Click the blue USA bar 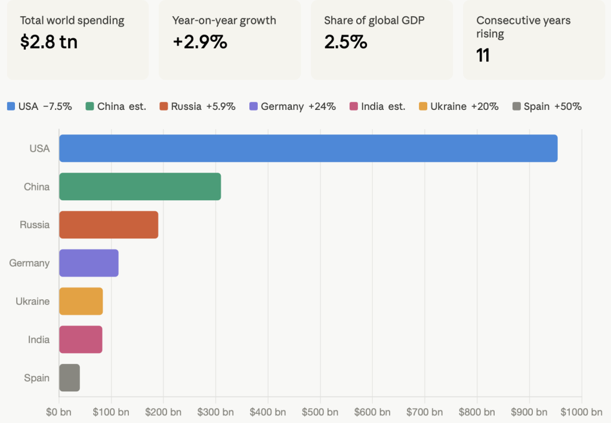[x=308, y=148]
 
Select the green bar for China [x=140, y=186]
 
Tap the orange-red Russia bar [x=109, y=225]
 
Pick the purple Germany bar [x=88, y=263]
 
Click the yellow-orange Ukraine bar [x=81, y=301]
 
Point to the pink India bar [x=81, y=339]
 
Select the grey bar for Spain [x=69, y=378]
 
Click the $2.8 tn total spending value [x=49, y=42]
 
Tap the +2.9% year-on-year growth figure [x=199, y=42]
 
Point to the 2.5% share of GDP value [x=345, y=42]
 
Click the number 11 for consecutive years [x=483, y=56]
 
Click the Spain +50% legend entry [x=547, y=106]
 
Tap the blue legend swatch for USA [x=11, y=106]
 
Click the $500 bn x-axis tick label [x=320, y=412]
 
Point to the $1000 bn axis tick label [x=581, y=412]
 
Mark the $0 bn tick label [x=59, y=412]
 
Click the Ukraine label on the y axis [x=32, y=301]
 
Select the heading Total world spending [x=72, y=20]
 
